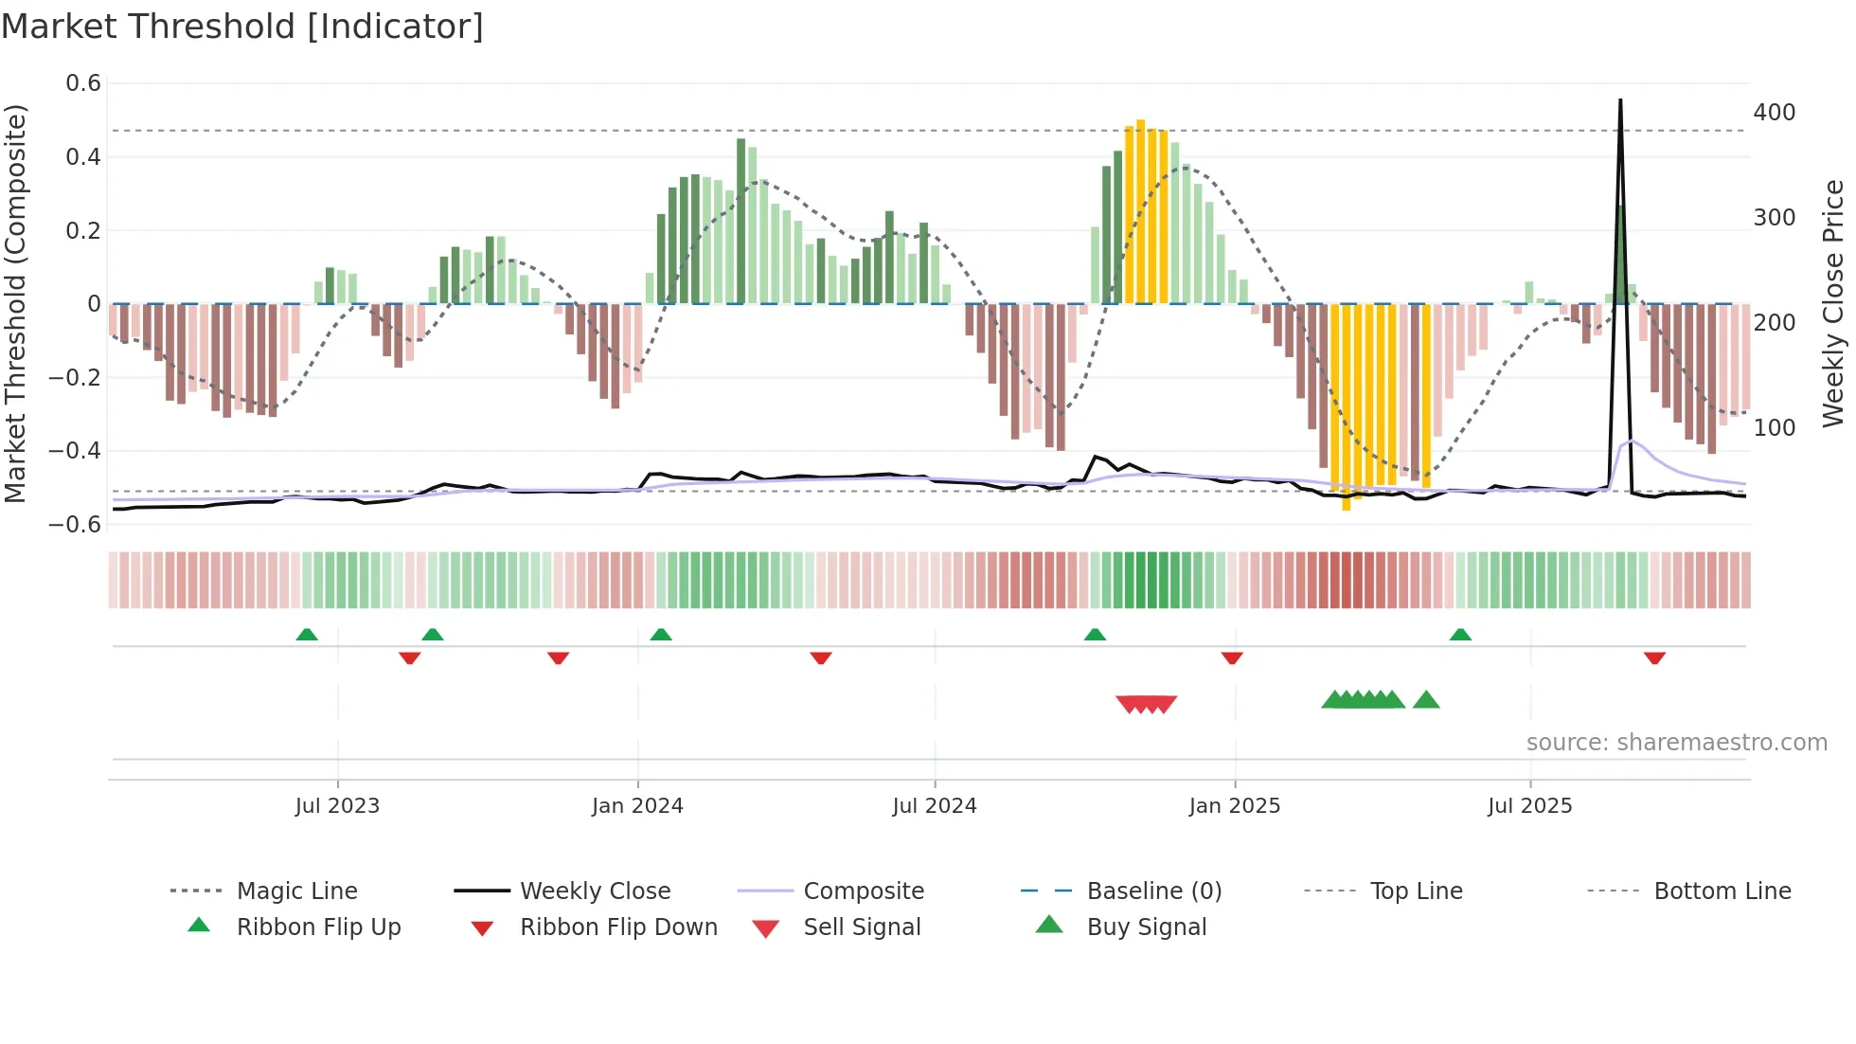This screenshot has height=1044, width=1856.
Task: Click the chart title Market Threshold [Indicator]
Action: (242, 27)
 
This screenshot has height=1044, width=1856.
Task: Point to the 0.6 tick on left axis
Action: (83, 83)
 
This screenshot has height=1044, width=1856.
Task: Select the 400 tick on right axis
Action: (1774, 112)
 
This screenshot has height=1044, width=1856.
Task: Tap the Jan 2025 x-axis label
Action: (1234, 805)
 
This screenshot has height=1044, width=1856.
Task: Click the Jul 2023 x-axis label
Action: (337, 805)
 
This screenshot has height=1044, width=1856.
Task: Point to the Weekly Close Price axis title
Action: (1833, 303)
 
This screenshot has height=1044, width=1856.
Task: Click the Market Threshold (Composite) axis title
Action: (15, 303)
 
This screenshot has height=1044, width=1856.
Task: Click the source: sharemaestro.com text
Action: (1676, 742)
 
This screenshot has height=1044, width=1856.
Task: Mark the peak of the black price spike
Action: (1620, 100)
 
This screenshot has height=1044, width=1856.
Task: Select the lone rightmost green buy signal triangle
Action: (1426, 700)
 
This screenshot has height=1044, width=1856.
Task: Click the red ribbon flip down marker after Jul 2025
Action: (1654, 658)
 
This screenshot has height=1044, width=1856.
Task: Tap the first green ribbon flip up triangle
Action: (307, 634)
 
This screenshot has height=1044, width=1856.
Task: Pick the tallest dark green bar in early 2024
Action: (741, 220)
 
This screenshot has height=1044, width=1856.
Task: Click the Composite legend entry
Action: (864, 891)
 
